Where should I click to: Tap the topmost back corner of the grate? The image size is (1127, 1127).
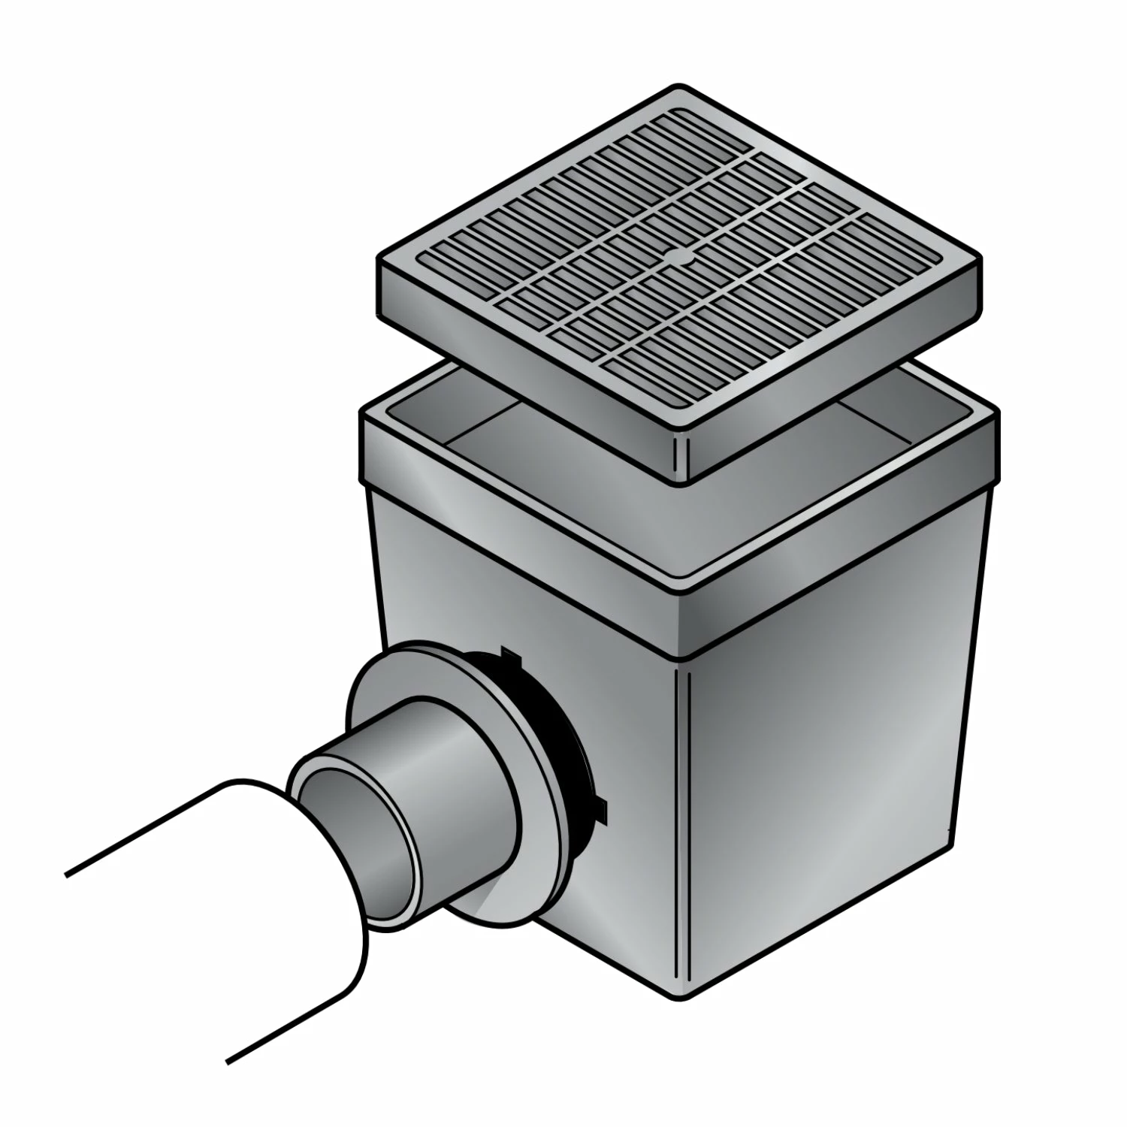tap(678, 88)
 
